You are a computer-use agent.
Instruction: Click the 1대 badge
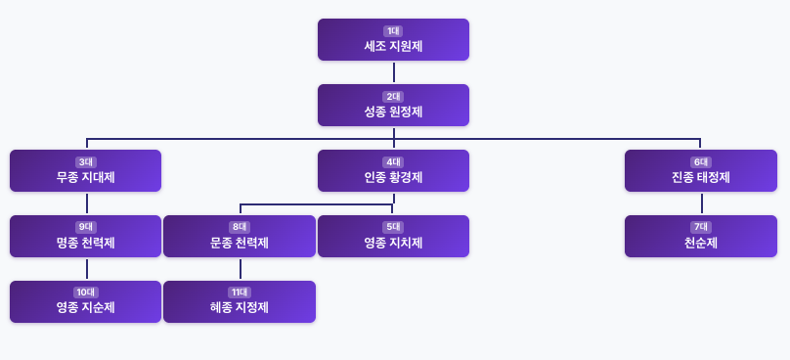point(393,31)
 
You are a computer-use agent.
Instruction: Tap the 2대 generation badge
point(393,97)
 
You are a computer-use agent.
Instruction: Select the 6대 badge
point(700,162)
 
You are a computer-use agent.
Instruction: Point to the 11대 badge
point(239,292)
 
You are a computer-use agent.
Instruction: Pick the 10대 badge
point(85,292)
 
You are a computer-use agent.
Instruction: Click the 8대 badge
point(239,227)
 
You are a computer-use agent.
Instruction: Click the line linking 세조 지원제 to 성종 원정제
point(393,72)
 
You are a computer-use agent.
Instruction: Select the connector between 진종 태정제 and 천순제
point(701,203)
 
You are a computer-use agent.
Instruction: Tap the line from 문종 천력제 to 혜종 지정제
point(240,269)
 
